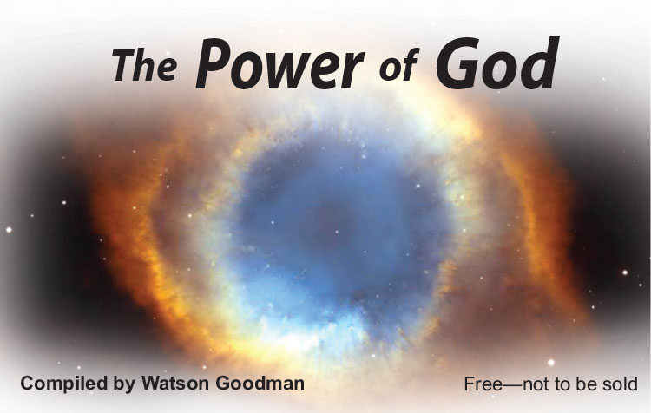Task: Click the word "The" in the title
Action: [x=144, y=65]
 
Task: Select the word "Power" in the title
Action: [x=279, y=64]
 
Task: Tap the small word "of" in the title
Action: [x=398, y=66]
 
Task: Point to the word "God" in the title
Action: [x=497, y=62]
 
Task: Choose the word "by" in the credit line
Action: [x=124, y=384]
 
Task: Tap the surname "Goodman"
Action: [x=260, y=383]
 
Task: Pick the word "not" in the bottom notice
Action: [x=535, y=384]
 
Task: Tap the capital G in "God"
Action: [x=458, y=64]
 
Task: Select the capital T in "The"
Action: [x=125, y=64]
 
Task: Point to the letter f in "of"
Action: [x=409, y=65]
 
